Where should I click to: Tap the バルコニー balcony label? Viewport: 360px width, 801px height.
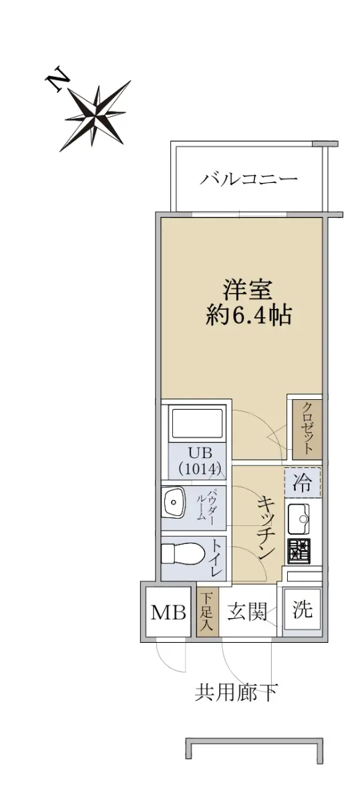coord(248,178)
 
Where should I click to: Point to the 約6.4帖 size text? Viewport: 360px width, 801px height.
coord(248,315)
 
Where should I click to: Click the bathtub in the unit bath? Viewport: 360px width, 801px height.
coord(198,423)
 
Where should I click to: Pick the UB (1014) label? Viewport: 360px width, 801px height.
coord(200,461)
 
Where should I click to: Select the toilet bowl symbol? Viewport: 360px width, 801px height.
coord(183,554)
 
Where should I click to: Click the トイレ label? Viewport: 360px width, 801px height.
coord(217,557)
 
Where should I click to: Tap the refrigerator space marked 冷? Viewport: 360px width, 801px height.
coord(303,483)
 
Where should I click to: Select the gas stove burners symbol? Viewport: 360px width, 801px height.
coord(299,551)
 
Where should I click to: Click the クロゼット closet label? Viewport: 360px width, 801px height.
coord(307,429)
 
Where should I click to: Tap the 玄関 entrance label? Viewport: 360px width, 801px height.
coord(247,611)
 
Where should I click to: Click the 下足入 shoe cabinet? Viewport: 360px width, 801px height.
coord(207,612)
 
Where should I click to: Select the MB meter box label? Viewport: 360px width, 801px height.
coord(168,612)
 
